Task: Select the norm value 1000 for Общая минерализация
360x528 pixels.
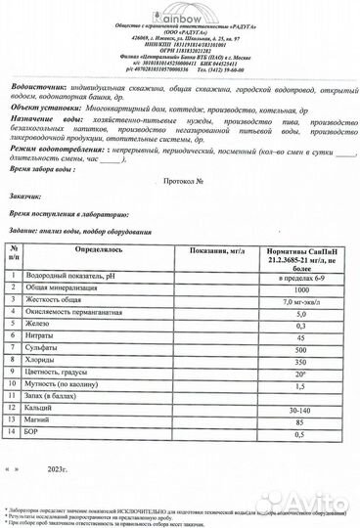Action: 300,291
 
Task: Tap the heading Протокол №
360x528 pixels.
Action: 180,181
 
